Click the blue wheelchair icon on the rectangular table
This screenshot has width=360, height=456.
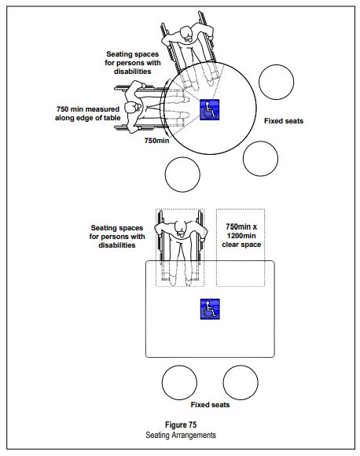click(x=209, y=309)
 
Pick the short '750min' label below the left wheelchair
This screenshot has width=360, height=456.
click(x=156, y=142)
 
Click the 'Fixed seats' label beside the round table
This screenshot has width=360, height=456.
click(x=283, y=121)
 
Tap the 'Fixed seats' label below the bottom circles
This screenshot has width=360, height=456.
click(x=210, y=404)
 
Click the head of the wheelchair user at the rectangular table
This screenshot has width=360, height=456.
click(x=182, y=230)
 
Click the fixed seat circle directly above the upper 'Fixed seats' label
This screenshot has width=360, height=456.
click(x=277, y=81)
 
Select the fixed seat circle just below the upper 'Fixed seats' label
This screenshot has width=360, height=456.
click(x=261, y=157)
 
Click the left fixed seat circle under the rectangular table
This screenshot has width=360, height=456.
click(x=179, y=382)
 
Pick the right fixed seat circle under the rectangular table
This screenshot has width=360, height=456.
click(x=241, y=382)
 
